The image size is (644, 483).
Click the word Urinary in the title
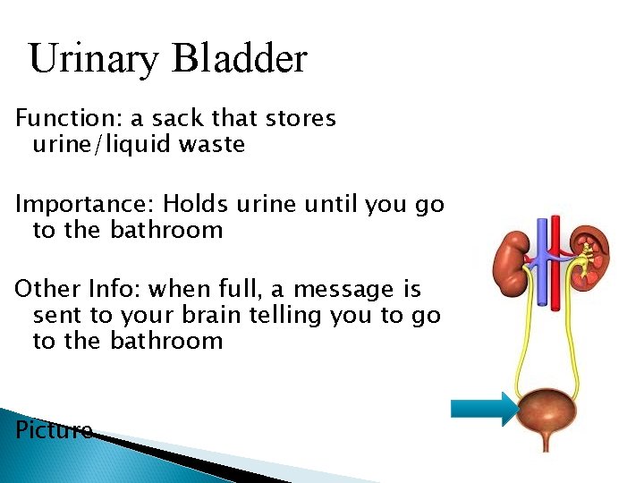93,60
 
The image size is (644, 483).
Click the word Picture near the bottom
54,430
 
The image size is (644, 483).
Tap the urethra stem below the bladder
545,443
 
